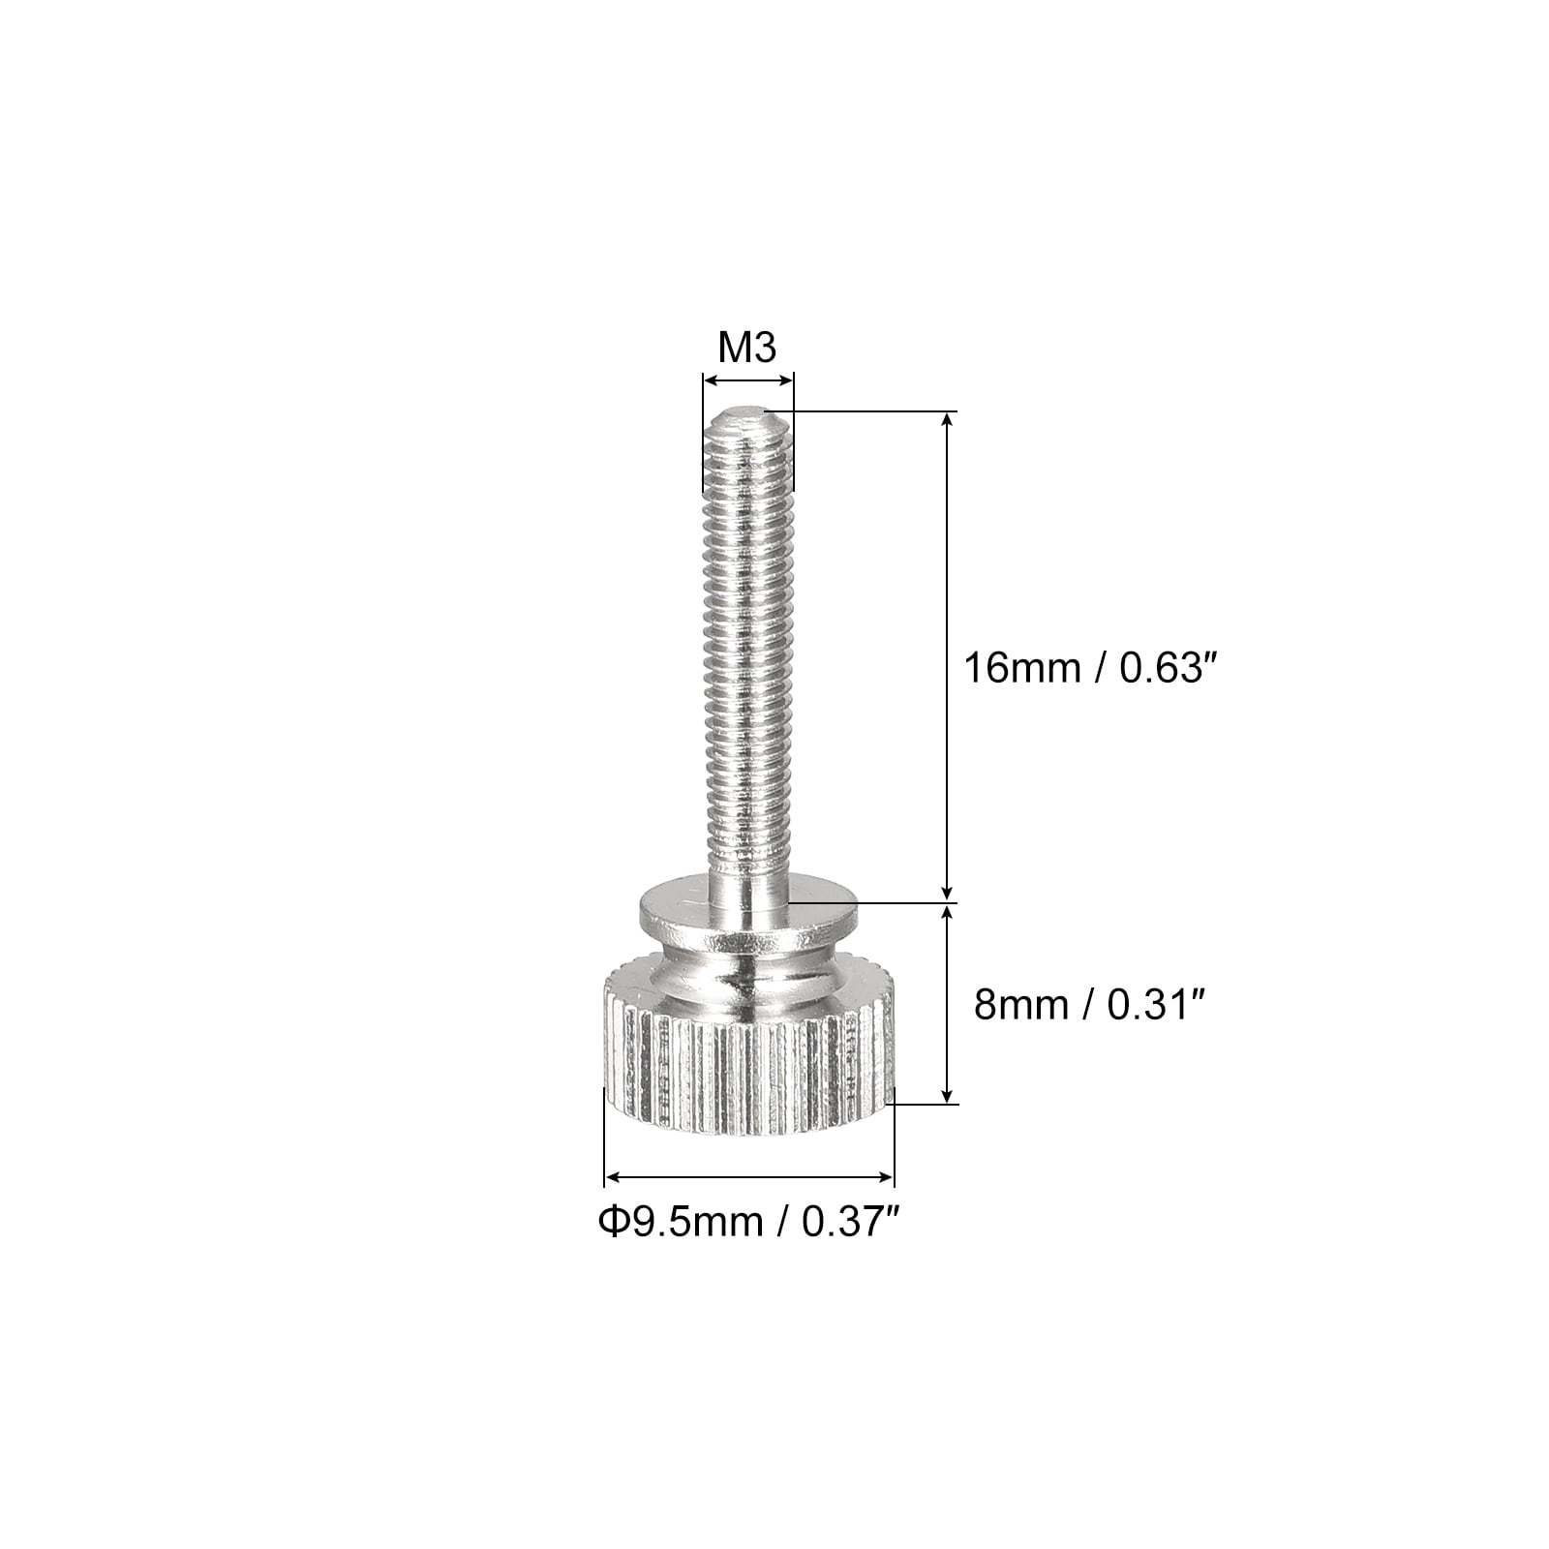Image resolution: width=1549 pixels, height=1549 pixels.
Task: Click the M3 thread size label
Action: click(x=747, y=348)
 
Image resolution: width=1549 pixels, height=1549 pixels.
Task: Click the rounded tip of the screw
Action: click(x=747, y=418)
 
